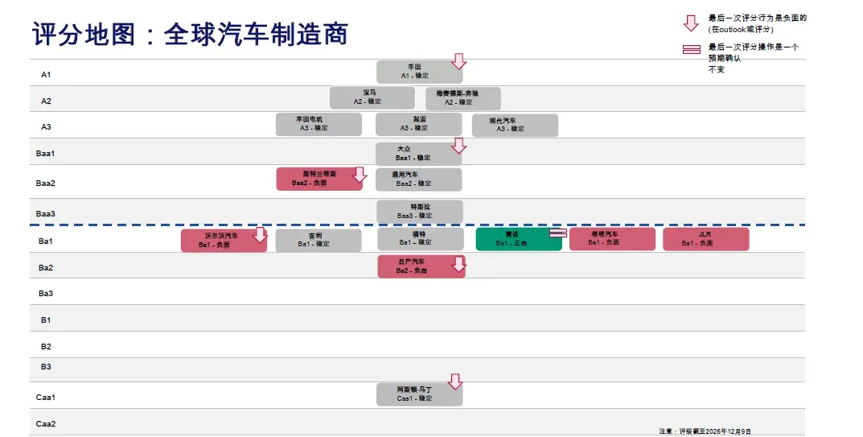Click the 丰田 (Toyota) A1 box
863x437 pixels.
418,72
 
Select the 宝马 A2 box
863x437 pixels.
372,98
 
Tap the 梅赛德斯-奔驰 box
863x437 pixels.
462,98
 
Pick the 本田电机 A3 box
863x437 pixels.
318,124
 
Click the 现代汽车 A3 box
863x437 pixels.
514,125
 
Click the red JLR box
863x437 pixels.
705,239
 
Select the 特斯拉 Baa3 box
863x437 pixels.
419,211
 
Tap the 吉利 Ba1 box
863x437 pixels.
318,240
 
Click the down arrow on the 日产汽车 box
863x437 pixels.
458,264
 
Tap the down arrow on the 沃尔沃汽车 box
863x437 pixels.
260,234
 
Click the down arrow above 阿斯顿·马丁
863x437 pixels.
455,381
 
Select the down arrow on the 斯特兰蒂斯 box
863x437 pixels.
360,175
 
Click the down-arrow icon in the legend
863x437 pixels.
691,23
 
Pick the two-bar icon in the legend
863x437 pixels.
691,49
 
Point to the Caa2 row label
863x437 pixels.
46,423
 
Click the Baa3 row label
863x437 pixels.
46,213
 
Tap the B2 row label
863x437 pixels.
46,347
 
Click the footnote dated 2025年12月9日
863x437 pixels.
705,431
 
